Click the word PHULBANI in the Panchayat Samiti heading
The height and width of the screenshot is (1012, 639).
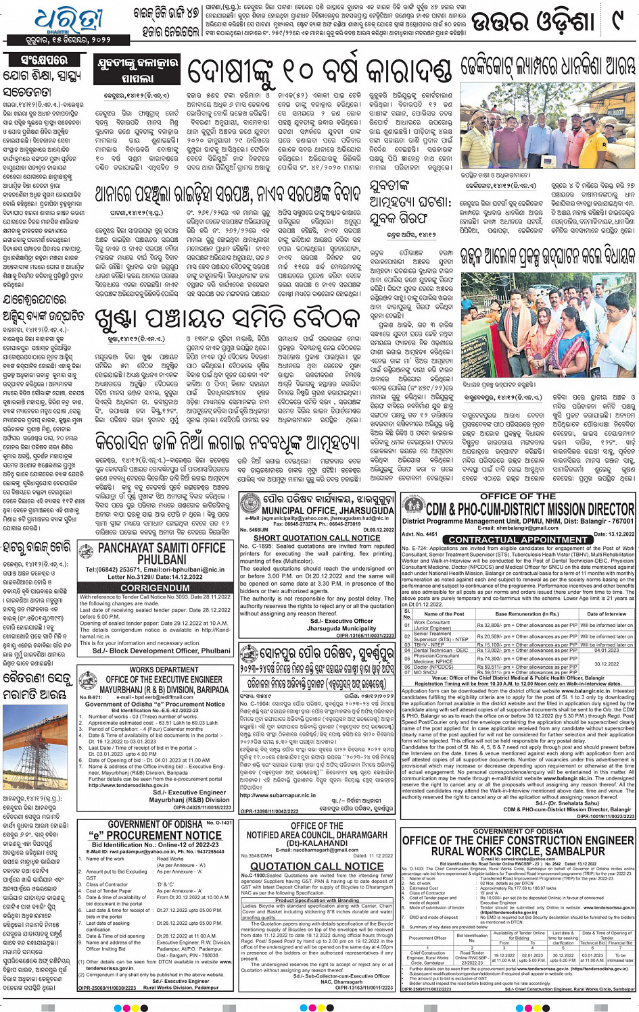tap(162, 560)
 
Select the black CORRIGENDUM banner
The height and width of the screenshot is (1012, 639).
tap(155, 588)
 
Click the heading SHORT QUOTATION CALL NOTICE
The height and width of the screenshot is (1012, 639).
tap(316, 538)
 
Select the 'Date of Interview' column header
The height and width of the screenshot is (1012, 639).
tap(606, 614)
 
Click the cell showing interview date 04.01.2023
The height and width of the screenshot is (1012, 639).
tap(606, 651)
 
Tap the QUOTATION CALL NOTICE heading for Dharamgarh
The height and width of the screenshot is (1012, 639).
tap(317, 866)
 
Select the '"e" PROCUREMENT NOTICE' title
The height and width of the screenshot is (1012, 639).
tap(156, 835)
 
